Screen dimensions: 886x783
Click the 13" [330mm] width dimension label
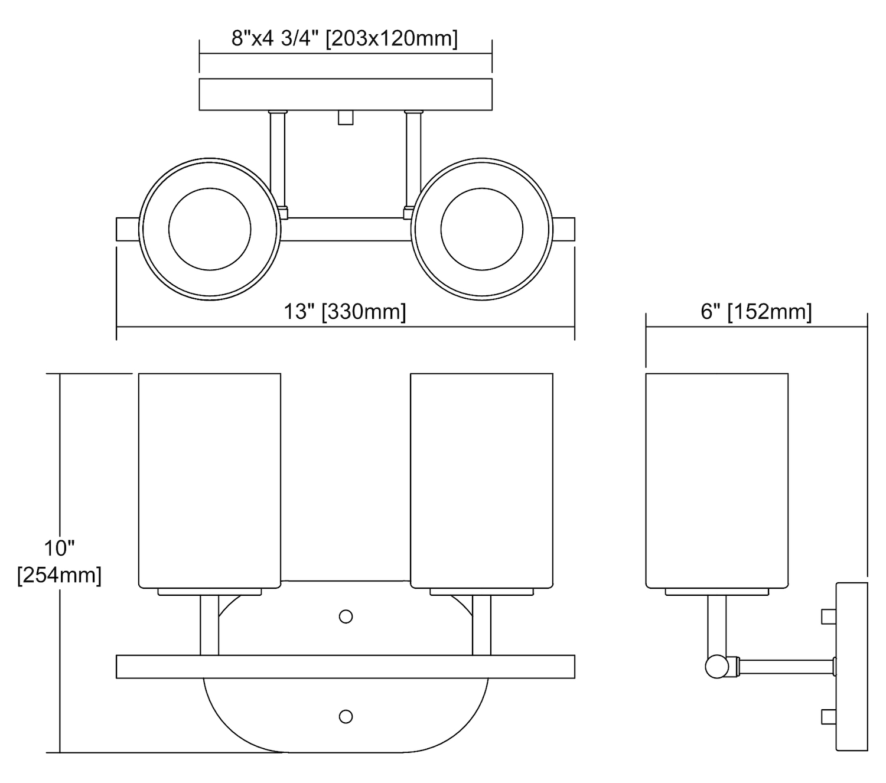click(344, 312)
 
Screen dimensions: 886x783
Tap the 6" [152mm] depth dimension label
click(756, 312)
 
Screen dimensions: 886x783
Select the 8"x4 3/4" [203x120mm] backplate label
click(344, 38)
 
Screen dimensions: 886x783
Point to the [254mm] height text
click(60, 575)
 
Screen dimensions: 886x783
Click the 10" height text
click(60, 548)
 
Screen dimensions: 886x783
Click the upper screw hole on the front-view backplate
click(346, 616)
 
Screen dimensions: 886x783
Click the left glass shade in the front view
click(210, 481)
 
